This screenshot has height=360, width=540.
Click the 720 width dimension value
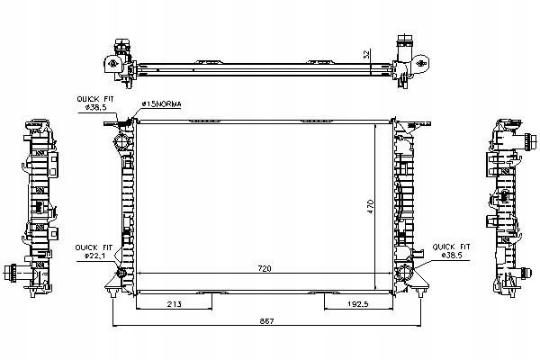[265, 269]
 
